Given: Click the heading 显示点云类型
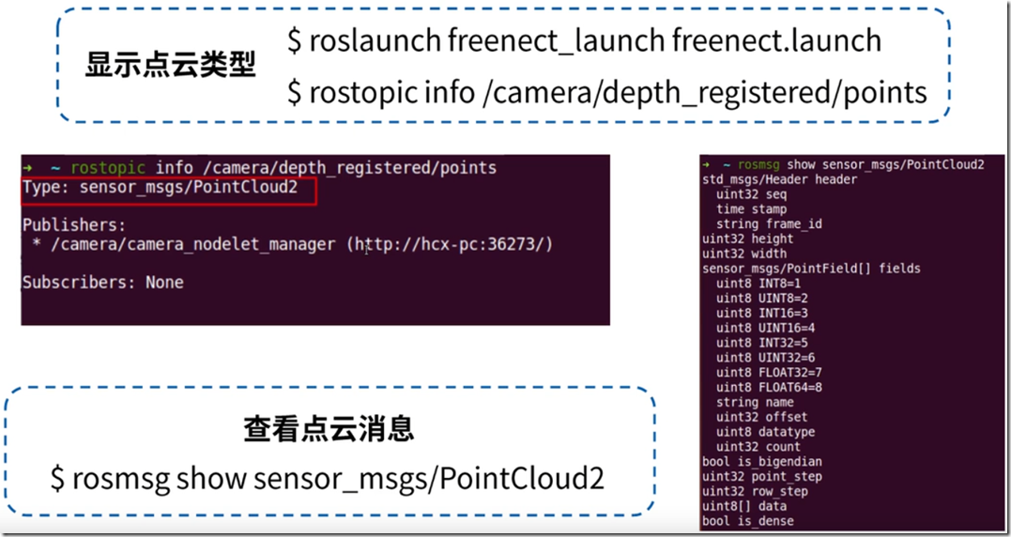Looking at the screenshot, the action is point(170,65).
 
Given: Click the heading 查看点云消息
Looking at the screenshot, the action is point(329,429).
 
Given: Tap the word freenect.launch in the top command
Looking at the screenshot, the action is point(776,40).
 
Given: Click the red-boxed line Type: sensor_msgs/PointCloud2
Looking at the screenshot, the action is point(160,188).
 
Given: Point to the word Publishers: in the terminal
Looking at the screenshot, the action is point(74,225).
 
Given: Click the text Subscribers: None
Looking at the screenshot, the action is point(103,283).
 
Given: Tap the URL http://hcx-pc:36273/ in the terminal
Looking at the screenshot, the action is point(450,244).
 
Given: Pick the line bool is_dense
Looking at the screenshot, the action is point(748,521).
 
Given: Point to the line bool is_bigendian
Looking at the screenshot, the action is point(762,462).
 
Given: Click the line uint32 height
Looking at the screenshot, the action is point(748,238).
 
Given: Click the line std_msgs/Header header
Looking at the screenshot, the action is point(779,180).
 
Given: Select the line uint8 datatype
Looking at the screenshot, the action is point(765,432).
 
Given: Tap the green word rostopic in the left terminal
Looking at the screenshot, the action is point(108,168).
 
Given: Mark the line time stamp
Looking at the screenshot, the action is point(751,208).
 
